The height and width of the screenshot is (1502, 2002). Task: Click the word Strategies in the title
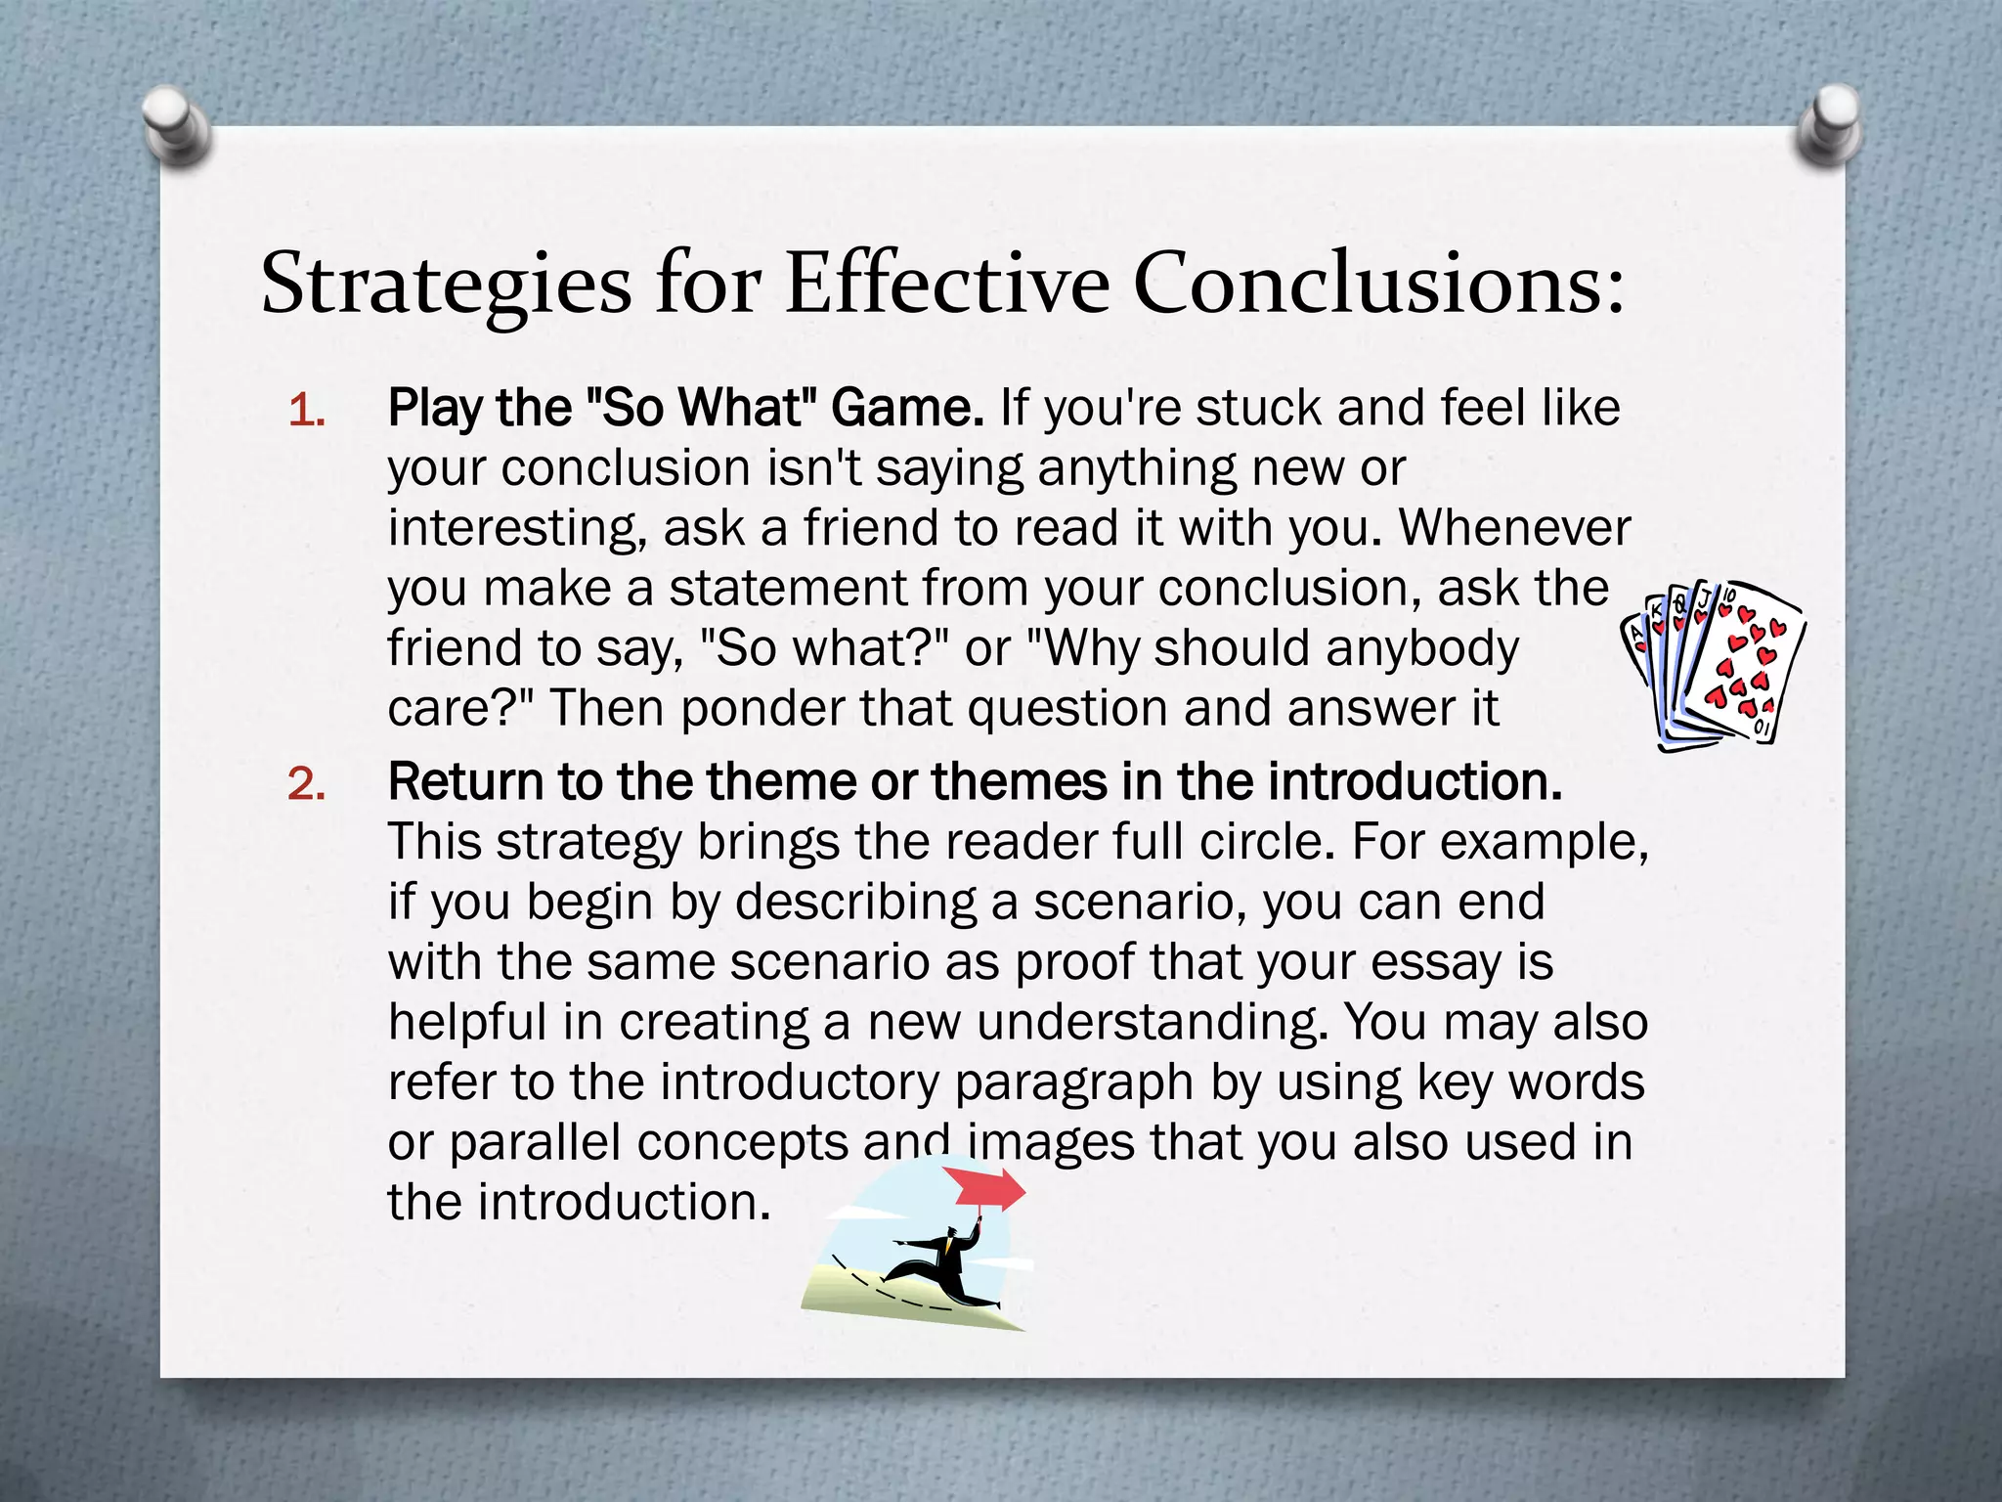point(446,285)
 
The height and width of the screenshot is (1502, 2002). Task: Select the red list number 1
point(305,411)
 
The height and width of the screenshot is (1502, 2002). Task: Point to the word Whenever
point(1514,528)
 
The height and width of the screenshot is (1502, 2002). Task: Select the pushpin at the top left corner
point(176,125)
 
